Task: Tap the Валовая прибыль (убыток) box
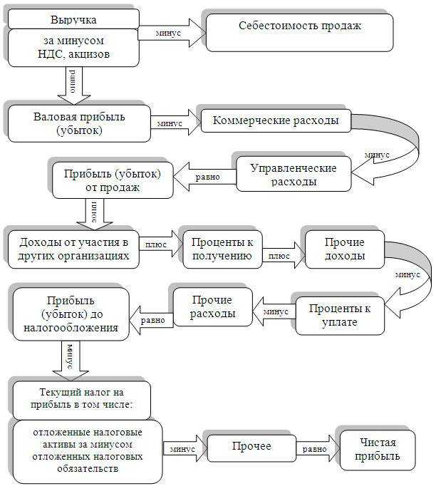tap(79, 123)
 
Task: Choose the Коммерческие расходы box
tap(276, 120)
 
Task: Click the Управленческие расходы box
tap(294, 173)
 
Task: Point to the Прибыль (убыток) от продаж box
tap(112, 180)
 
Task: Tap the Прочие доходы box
tap(345, 249)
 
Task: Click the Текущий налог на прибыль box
tap(82, 400)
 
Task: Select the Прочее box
tap(251, 447)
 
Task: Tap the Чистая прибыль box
tap(377, 450)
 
